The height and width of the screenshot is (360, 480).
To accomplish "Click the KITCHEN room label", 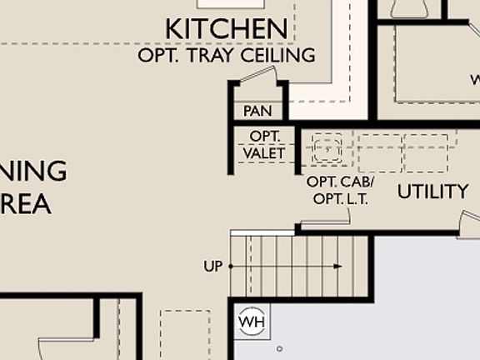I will (x=226, y=27).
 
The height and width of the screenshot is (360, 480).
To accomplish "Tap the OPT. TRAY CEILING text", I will (x=227, y=55).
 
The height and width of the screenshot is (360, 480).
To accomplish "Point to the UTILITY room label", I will (x=432, y=192).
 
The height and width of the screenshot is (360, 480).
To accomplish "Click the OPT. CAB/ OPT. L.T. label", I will (x=340, y=191).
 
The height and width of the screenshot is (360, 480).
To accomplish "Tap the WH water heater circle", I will (x=249, y=322).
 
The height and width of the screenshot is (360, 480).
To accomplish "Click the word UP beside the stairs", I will (x=213, y=267).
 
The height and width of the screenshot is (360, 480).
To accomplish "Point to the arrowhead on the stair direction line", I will (x=337, y=267).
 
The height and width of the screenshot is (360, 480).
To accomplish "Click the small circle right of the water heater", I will (x=280, y=348).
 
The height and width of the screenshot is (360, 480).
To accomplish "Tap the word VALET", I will (x=264, y=153).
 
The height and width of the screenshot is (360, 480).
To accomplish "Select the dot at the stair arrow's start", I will (x=231, y=267).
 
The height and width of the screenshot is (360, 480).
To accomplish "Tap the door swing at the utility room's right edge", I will (x=469, y=222).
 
